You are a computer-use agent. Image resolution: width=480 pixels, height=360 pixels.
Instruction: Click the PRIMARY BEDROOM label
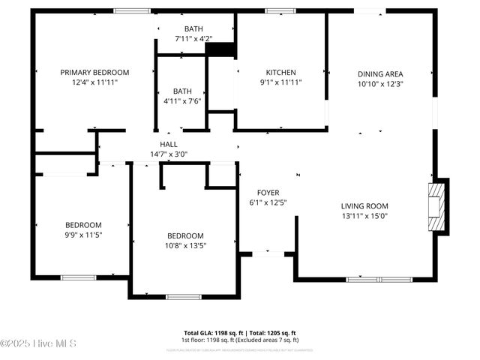click(x=94, y=73)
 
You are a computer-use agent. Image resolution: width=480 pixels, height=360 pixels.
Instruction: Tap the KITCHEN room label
click(x=281, y=73)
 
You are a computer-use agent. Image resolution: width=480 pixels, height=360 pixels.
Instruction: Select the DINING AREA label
click(x=380, y=73)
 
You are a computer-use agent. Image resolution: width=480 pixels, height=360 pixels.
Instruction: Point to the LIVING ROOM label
click(x=364, y=205)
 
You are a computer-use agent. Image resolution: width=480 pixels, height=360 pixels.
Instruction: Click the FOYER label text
click(x=268, y=193)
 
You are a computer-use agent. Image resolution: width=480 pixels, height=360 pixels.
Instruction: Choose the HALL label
click(x=169, y=145)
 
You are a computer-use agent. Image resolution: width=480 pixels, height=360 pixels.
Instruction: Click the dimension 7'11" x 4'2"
click(x=193, y=38)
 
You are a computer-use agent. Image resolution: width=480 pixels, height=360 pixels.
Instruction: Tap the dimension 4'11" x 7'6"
click(x=182, y=100)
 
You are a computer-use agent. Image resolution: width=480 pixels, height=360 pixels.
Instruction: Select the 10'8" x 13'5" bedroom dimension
click(x=184, y=245)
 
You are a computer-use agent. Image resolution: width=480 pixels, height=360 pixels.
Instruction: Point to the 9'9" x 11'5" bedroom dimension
click(x=82, y=235)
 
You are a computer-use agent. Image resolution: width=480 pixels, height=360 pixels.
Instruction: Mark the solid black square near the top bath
click(x=220, y=49)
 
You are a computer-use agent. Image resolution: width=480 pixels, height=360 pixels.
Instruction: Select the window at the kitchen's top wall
click(x=281, y=10)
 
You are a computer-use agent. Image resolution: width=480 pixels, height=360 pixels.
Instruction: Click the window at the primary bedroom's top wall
click(x=132, y=10)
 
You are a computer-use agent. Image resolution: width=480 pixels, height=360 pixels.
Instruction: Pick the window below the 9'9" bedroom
click(x=79, y=277)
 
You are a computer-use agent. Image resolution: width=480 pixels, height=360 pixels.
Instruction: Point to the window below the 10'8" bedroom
click(x=184, y=297)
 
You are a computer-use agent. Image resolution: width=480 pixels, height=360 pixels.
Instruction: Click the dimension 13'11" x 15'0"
click(x=364, y=216)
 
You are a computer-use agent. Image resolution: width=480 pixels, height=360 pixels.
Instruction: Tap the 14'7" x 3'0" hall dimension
click(x=169, y=154)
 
